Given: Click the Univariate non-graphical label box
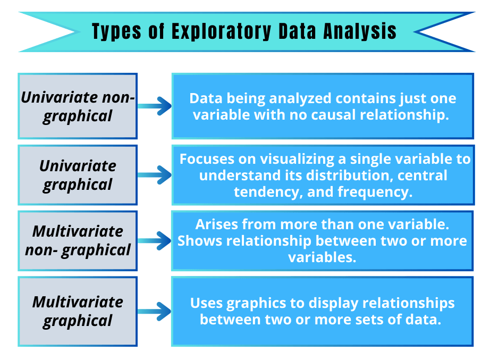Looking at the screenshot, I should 78,106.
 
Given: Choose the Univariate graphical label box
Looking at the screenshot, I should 78,175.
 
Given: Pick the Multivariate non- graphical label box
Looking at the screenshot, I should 78,241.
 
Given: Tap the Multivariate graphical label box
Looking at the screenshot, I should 78,311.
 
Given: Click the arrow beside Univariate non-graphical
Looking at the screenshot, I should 155,106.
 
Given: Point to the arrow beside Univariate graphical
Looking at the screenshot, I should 155,175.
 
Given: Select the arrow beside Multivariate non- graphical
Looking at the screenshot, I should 155,242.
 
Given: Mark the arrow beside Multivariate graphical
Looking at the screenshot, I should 155,312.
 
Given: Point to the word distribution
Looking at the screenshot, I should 336,175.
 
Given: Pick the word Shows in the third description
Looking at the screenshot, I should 200,241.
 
